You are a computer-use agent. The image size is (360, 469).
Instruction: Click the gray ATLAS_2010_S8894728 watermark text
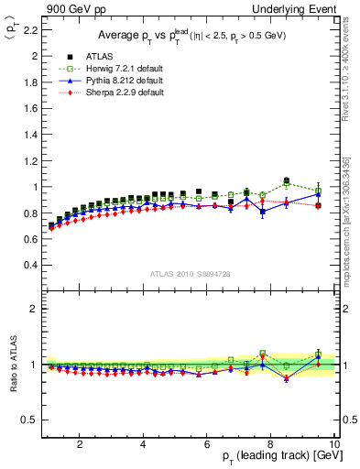pos(190,274)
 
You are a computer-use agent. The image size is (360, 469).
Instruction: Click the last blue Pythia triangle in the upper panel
pos(318,194)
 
